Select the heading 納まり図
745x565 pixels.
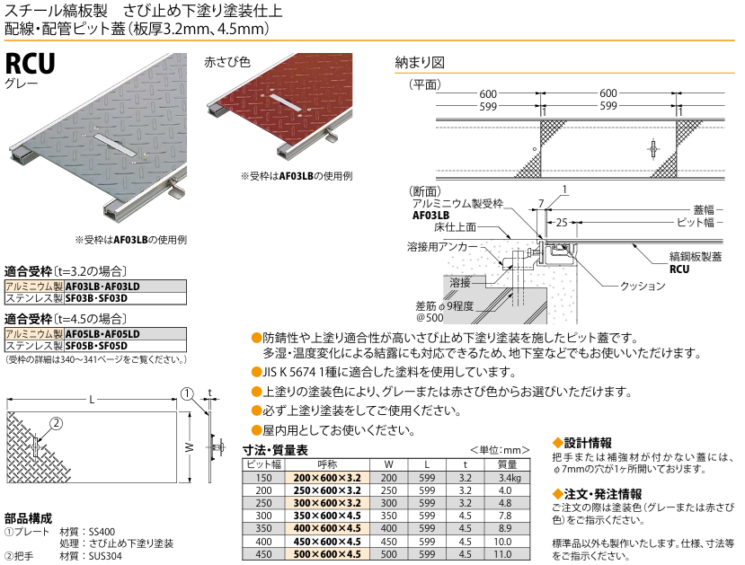tap(420, 64)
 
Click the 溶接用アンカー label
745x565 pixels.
tap(436, 245)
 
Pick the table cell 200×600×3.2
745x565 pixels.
tap(327, 478)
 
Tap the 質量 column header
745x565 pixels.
tap(506, 464)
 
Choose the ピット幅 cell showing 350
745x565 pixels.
tap(263, 529)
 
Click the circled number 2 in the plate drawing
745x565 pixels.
tap(55, 424)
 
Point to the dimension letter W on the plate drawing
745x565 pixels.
tap(189, 446)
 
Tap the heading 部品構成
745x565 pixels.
tap(28, 518)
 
